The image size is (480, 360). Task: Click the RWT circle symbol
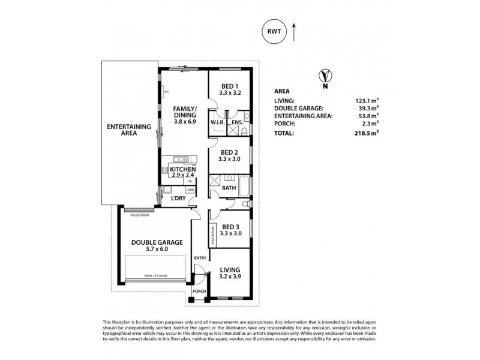coord(274,32)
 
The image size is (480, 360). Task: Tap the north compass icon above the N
coord(325,76)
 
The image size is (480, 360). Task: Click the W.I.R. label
coord(217,124)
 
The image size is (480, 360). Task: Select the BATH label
coord(229,188)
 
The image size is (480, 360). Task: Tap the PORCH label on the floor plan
coord(199,292)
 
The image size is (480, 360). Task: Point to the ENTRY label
coord(200,258)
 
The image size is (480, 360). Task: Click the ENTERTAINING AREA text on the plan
coord(121,130)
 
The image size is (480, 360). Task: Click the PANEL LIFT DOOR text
coord(156,275)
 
